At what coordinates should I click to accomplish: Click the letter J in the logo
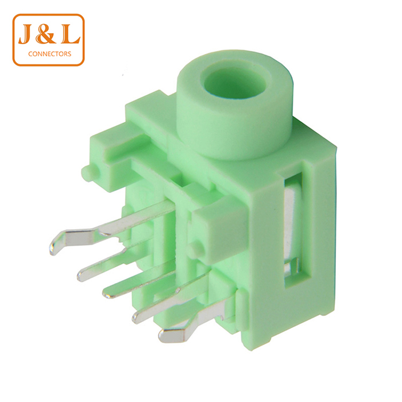(x=25, y=34)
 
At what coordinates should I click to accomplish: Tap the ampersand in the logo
(x=45, y=34)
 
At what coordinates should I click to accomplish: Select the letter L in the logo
(x=70, y=34)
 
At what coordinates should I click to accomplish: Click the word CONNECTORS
(x=50, y=54)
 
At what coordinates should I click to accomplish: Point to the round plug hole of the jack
(x=235, y=83)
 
